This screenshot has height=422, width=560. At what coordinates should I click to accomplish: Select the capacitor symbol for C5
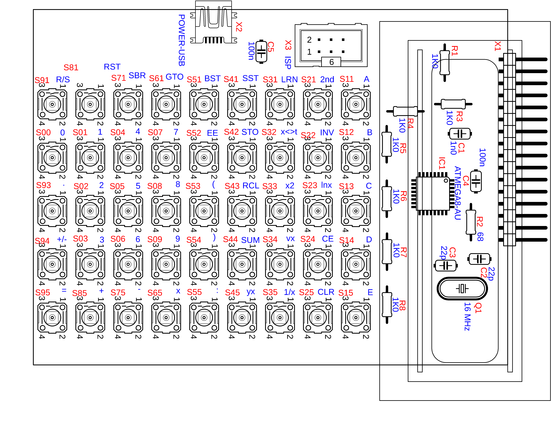point(261,52)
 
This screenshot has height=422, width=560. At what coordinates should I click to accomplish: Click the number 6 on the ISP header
point(331,62)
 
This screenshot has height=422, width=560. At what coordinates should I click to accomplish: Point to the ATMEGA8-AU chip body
point(433,193)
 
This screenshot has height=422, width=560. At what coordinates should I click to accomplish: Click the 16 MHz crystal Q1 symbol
point(462,288)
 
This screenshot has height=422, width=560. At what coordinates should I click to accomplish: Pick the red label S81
point(71,68)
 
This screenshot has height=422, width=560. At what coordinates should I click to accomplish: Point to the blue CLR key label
point(326,292)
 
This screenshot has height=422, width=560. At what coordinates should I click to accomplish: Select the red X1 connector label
point(498,46)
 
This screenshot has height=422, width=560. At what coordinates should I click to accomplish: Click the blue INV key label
point(327,133)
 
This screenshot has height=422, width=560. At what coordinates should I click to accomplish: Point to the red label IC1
point(442,163)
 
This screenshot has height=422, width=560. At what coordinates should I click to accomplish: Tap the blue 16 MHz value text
point(467,317)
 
